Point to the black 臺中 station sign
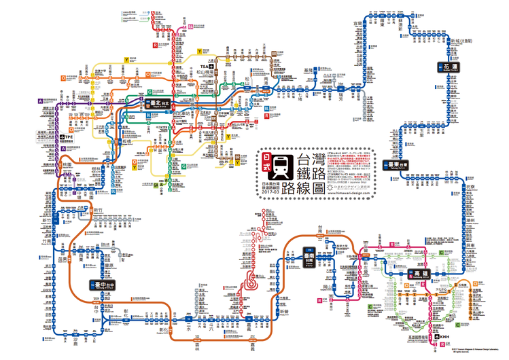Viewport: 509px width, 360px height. (x=103, y=285)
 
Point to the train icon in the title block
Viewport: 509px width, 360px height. (x=287, y=165)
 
